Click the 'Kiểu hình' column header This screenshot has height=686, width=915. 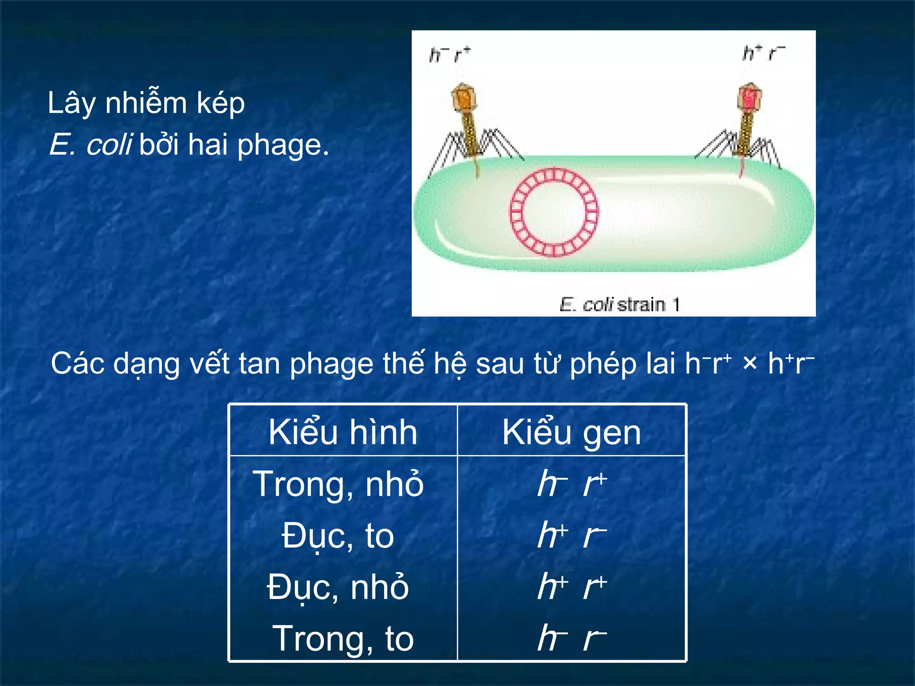point(343,432)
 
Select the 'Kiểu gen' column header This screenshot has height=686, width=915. point(571,432)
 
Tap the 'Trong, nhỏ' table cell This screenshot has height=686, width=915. point(338,484)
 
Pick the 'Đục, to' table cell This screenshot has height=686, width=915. point(338,535)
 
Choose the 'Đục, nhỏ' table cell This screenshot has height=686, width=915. point(338,587)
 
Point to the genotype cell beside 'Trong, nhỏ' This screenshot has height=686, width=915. point(572,484)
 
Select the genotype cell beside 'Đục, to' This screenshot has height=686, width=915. point(572,535)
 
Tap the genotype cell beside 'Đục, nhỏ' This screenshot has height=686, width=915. point(572,587)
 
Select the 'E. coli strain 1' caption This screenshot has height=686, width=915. point(619,305)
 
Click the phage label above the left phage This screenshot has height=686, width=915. point(449,55)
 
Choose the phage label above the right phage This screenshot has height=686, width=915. point(764,53)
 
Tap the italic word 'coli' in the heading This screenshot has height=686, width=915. point(109,145)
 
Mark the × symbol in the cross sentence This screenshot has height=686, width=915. point(750,364)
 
